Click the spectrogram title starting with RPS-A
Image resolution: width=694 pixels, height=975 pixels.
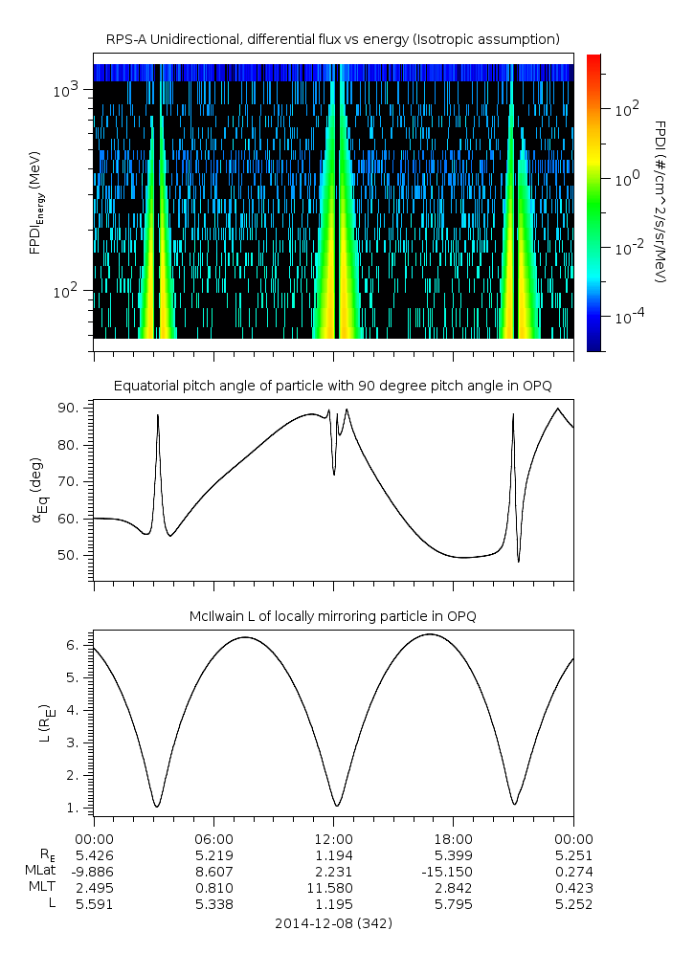click(x=332, y=38)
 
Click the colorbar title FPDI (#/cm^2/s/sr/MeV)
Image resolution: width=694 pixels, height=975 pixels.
click(x=660, y=201)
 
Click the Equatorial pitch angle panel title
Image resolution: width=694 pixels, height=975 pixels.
click(x=332, y=386)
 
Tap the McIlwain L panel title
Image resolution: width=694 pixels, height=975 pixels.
click(x=332, y=616)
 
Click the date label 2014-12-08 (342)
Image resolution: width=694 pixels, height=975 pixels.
click(x=332, y=923)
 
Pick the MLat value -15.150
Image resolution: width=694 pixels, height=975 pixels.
click(x=454, y=872)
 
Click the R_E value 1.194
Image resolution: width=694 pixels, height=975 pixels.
click(x=334, y=854)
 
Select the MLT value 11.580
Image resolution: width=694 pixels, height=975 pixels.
click(x=334, y=888)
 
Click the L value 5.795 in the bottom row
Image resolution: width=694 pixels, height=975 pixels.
click(x=454, y=904)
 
